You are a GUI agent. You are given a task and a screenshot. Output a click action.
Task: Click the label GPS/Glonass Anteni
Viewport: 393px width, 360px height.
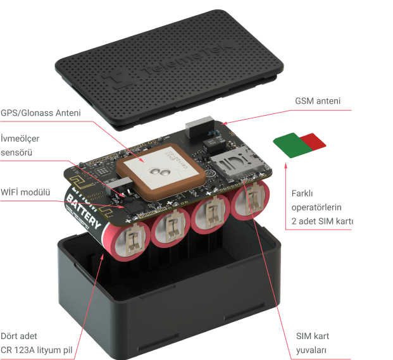[41, 113]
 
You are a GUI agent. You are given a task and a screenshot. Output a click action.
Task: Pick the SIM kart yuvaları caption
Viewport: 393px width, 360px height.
[313, 342]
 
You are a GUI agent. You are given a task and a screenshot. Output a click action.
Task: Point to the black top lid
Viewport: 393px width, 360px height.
[171, 63]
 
